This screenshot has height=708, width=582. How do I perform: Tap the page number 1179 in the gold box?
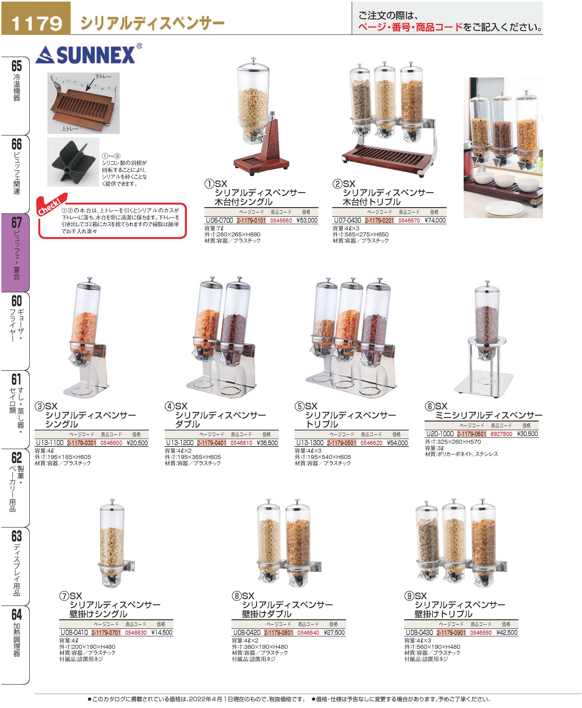(36, 23)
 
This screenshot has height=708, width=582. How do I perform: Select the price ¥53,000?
(307, 220)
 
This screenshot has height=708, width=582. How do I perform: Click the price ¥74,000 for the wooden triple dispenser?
(435, 220)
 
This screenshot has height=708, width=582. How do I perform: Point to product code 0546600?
(111, 443)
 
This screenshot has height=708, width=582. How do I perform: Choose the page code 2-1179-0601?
(471, 434)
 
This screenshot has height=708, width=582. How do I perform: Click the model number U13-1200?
(180, 443)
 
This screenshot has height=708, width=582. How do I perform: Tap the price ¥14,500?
(162, 632)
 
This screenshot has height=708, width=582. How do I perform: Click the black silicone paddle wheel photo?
(73, 162)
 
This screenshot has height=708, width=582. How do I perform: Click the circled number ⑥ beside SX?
(430, 406)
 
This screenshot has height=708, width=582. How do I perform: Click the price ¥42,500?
(507, 632)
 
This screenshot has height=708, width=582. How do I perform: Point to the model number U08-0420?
(247, 632)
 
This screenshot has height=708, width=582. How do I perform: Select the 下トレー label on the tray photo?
(103, 77)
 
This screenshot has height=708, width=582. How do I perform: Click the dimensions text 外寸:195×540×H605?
(323, 457)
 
